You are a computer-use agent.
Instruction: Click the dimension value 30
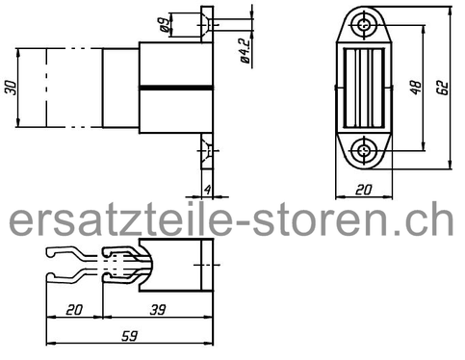tap(12, 88)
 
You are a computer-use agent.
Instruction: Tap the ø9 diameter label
tap(164, 25)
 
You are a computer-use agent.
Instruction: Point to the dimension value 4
tap(208, 190)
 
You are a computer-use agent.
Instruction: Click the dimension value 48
tap(416, 88)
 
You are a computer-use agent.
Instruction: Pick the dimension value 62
tap(443, 88)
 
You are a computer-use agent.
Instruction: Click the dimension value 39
tap(158, 310)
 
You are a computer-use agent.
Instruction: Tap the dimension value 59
tap(130, 336)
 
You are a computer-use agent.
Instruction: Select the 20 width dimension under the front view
tap(364, 190)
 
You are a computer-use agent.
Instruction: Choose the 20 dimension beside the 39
tap(74, 310)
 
